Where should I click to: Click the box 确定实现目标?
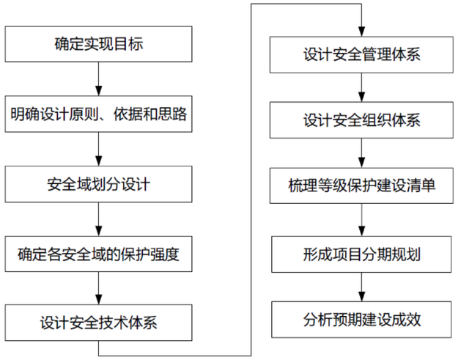pyautogui.click(x=98, y=44)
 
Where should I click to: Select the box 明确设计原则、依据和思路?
pyautogui.click(x=98, y=114)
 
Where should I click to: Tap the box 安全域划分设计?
pyautogui.click(x=98, y=184)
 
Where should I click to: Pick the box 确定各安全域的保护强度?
pyautogui.click(x=98, y=254)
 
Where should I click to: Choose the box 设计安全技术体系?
pyautogui.click(x=98, y=323)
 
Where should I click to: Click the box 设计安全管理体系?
pyautogui.click(x=361, y=55)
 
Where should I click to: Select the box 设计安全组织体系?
pyautogui.click(x=361, y=120)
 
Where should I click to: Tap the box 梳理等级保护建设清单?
pyautogui.click(x=361, y=185)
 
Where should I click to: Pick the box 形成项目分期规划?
pyautogui.click(x=361, y=254)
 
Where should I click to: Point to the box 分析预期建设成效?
pyautogui.click(x=361, y=320)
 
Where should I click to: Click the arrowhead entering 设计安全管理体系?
pyautogui.click(x=361, y=32)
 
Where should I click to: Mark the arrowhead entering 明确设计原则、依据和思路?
pyautogui.click(x=99, y=91)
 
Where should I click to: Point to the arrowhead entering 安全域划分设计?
pyautogui.click(x=99, y=161)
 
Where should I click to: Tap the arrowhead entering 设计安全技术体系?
pyautogui.click(x=99, y=300)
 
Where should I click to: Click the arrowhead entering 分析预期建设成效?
pyautogui.click(x=361, y=296)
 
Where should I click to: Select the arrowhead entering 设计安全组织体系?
pyautogui.click(x=361, y=97)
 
